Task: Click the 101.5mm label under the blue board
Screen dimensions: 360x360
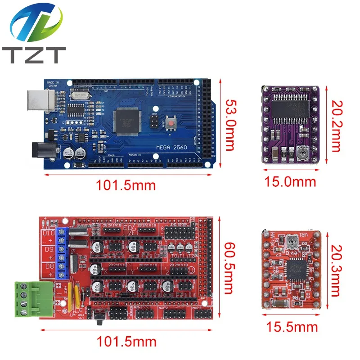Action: pos(126,185)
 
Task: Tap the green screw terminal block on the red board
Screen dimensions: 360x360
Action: pos(27,298)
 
